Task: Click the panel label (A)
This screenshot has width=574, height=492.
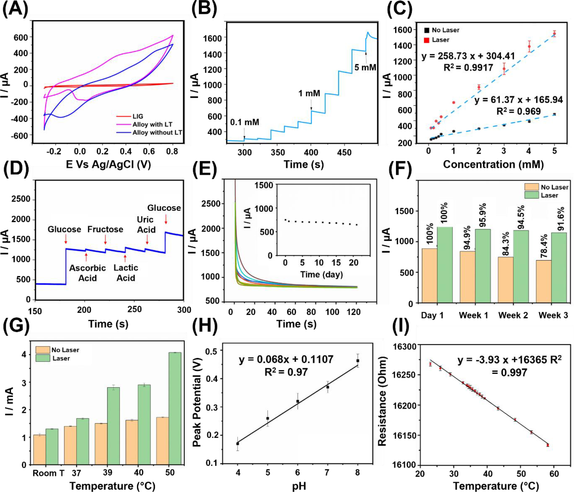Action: pyautogui.click(x=15, y=9)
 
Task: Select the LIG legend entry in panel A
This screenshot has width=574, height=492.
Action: pyautogui.click(x=137, y=116)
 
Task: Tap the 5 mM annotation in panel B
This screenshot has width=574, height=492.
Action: pyautogui.click(x=365, y=67)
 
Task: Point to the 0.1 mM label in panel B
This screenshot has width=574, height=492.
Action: pyautogui.click(x=244, y=122)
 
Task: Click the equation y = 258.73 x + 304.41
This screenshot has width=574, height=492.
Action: pyautogui.click(x=468, y=56)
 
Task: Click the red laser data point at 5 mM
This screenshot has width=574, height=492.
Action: pyautogui.click(x=554, y=34)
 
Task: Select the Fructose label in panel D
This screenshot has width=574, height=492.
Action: pyautogui.click(x=105, y=229)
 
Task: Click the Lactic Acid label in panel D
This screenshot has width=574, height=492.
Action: pyautogui.click(x=126, y=273)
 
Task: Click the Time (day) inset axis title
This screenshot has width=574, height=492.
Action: pyautogui.click(x=321, y=274)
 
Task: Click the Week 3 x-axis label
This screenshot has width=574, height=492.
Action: pyautogui.click(x=553, y=315)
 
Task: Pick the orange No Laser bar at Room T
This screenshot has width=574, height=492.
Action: pyautogui.click(x=40, y=449)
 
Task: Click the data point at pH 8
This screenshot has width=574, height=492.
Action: pyautogui.click(x=358, y=361)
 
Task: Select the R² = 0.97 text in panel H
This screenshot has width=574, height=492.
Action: pyautogui.click(x=286, y=372)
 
